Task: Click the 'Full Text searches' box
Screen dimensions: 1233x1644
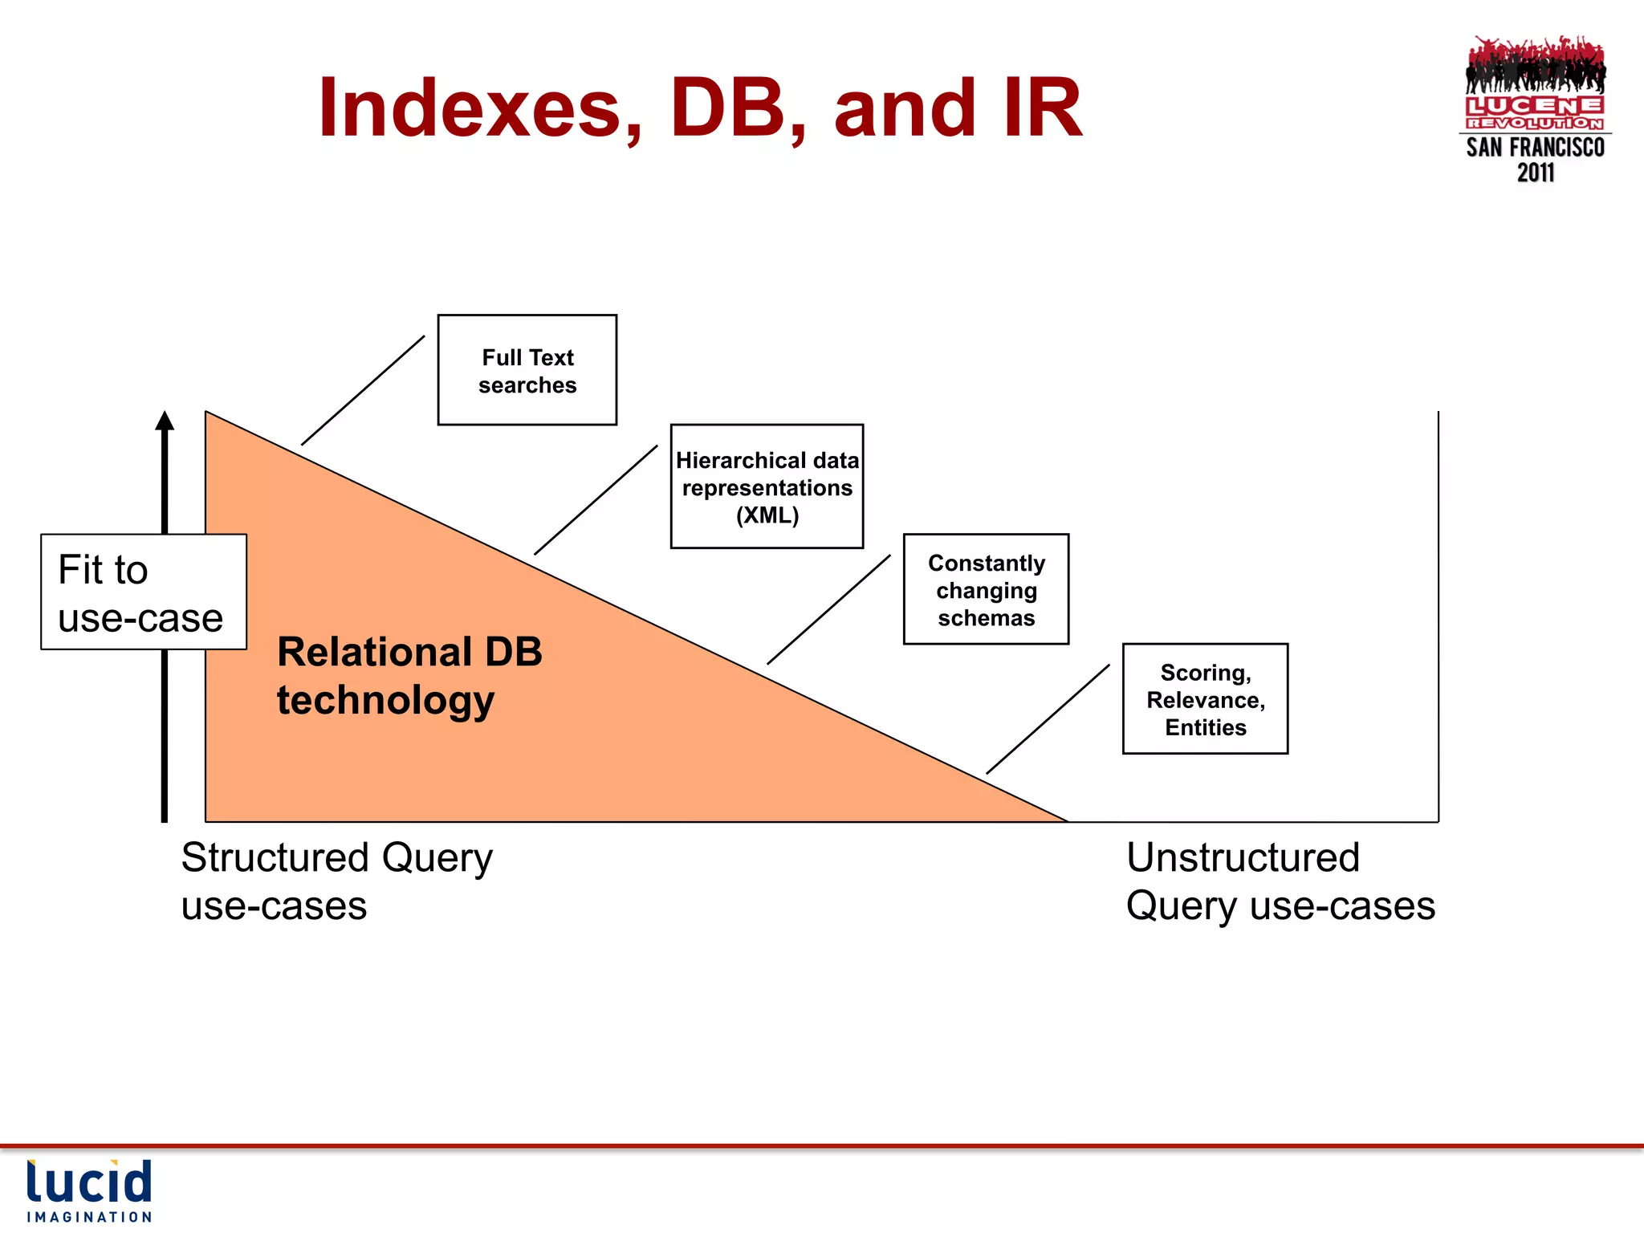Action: pyautogui.click(x=527, y=370)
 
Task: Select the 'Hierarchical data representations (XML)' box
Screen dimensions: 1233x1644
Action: pyautogui.click(x=767, y=486)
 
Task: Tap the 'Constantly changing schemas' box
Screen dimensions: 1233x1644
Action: pyautogui.click(x=986, y=589)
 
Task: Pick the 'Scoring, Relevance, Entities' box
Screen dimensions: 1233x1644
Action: pyautogui.click(x=1205, y=699)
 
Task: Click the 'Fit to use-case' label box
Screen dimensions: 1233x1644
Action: pyautogui.click(x=143, y=592)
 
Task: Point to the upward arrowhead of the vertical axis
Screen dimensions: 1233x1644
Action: pyautogui.click(x=165, y=421)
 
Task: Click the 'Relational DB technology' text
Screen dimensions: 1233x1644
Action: pyautogui.click(x=409, y=675)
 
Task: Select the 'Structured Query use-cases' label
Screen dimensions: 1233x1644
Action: pyautogui.click(x=336, y=881)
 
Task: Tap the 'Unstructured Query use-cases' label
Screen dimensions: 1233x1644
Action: pyautogui.click(x=1280, y=881)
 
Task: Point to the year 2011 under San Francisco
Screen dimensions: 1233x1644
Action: pyautogui.click(x=1535, y=173)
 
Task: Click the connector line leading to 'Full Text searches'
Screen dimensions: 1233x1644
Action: pyautogui.click(x=363, y=390)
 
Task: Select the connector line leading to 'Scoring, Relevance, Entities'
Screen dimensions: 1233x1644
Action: pyautogui.click(x=1048, y=719)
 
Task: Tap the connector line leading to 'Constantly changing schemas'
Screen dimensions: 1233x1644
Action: pyautogui.click(x=828, y=609)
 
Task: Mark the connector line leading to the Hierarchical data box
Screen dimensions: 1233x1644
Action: pyautogui.click(x=596, y=500)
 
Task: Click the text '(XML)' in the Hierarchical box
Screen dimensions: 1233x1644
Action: pyautogui.click(x=767, y=515)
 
